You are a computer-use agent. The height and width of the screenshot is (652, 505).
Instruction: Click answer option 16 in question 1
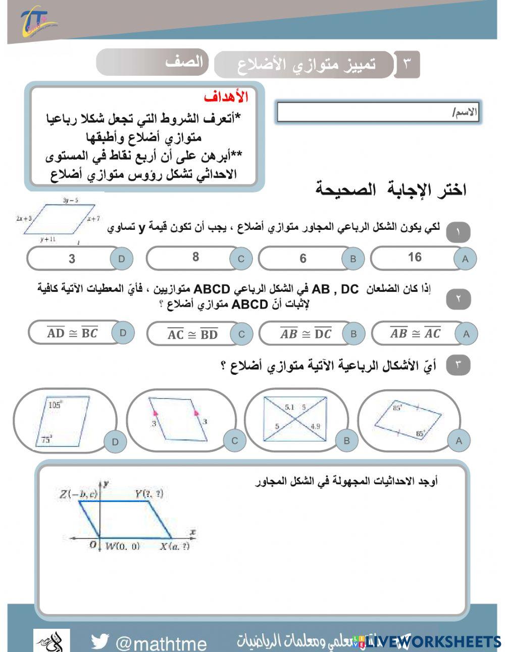coord(415,258)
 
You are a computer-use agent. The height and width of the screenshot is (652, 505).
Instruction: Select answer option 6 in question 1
coord(303,259)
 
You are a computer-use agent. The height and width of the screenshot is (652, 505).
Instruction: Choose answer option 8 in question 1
coord(195,258)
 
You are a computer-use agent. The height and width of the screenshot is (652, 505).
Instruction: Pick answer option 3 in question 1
coord(72,259)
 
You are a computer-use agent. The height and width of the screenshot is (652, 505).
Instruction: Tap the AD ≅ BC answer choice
coord(72,333)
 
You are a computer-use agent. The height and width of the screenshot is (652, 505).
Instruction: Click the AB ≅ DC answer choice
coord(306,334)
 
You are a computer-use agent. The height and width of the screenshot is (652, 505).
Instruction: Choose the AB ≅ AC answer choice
coord(415,333)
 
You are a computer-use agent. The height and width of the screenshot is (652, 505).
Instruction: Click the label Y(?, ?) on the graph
coord(148,494)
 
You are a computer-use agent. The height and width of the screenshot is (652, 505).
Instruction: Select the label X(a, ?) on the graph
coord(175,546)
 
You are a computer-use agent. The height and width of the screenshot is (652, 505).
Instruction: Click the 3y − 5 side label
coord(70,200)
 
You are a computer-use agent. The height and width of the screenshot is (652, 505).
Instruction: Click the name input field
coord(377,113)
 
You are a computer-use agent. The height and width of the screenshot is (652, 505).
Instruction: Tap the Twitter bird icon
coord(100,641)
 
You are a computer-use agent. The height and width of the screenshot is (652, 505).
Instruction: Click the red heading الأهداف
coord(226,97)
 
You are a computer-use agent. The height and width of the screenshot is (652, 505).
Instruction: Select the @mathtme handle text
coord(161,643)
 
